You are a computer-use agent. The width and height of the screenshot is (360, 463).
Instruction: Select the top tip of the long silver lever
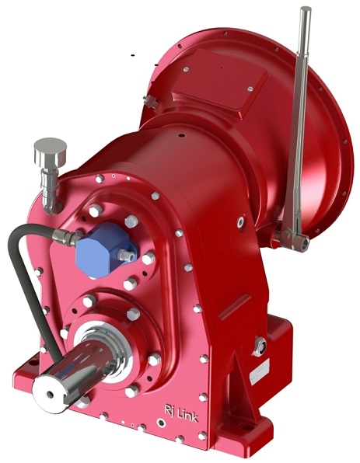click(x=306, y=11)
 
